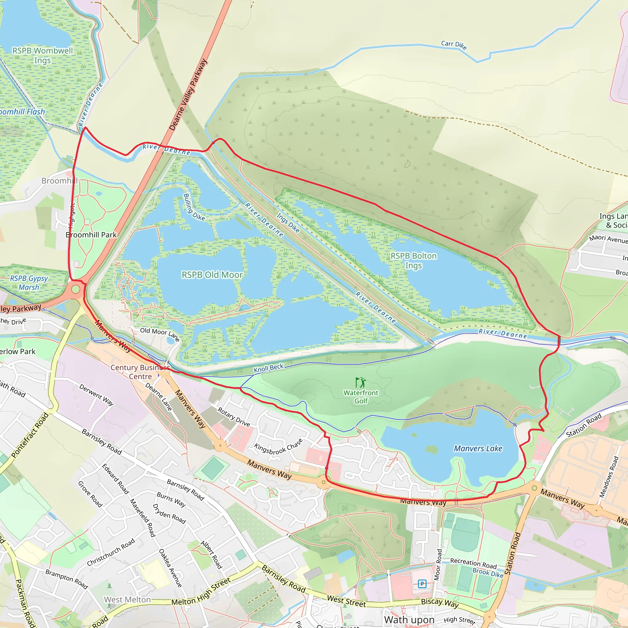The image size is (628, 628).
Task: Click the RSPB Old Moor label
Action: tap(212, 275)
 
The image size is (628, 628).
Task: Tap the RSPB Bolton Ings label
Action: tap(413, 261)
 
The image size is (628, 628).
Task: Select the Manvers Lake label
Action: tap(478, 449)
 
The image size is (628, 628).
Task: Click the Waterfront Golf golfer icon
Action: tap(361, 382)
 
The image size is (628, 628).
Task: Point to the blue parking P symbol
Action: tap(422, 584)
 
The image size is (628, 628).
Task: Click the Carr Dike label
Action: tap(454, 45)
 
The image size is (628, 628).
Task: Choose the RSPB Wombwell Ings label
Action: tap(43, 56)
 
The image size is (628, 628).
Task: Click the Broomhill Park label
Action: tap(91, 235)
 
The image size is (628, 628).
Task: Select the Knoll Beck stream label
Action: tap(269, 368)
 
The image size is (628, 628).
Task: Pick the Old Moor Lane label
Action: tap(159, 334)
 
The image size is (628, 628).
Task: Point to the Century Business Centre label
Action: tap(140, 372)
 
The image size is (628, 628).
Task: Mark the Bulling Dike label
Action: tap(194, 207)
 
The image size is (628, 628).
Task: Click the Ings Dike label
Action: tap(288, 223)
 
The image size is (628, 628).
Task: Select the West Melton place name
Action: tap(127, 599)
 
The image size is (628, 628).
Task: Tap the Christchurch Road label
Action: tap(111, 552)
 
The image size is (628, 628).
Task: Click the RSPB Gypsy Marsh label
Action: tap(29, 283)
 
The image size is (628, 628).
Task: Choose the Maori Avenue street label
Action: tap(608, 239)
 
